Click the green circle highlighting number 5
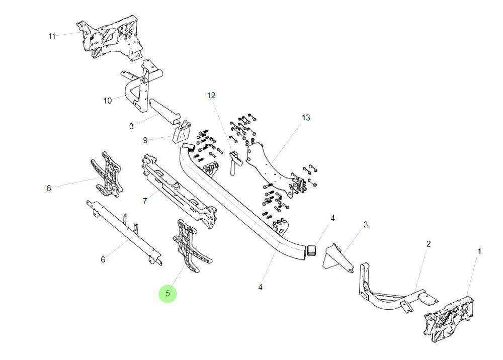tap(167, 293)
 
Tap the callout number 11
tap(52, 36)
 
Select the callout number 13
tap(306, 118)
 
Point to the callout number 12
tap(211, 95)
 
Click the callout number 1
tap(479, 251)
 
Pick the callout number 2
tap(428, 244)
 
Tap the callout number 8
tap(49, 189)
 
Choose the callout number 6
tap(103, 259)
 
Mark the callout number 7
tap(144, 201)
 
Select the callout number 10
tap(108, 101)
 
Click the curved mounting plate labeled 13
tap(272, 166)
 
